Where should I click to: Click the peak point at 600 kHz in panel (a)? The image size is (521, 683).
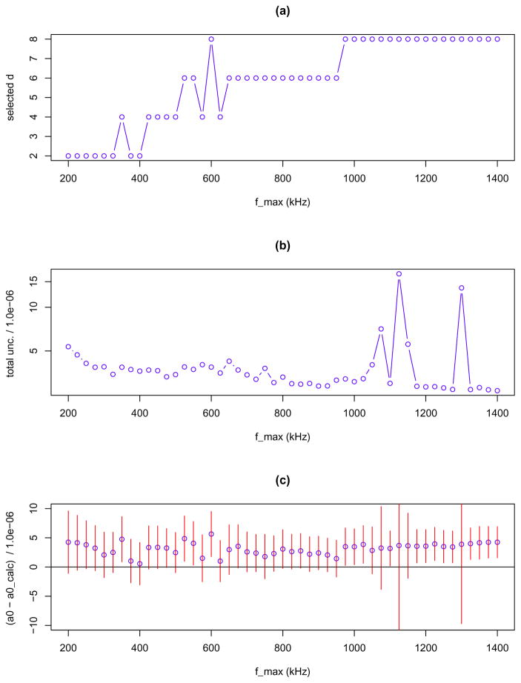(x=211, y=39)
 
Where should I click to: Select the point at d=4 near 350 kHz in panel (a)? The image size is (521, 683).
(x=122, y=117)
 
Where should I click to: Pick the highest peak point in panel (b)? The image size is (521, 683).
(x=399, y=274)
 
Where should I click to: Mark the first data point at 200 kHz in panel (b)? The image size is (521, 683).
(x=68, y=347)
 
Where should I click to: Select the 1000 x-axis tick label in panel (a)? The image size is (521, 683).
(x=354, y=179)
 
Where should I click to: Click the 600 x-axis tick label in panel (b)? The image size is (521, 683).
(x=211, y=413)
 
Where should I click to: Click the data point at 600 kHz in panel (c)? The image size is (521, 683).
(x=211, y=534)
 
